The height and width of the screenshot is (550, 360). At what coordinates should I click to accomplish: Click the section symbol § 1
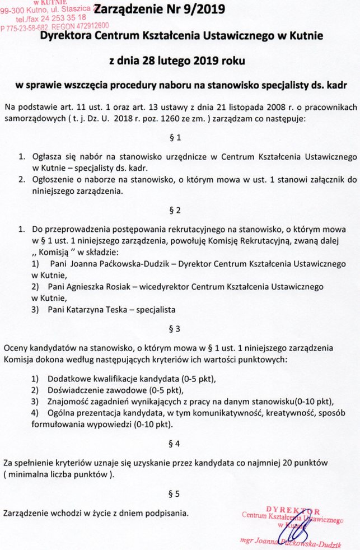(174, 137)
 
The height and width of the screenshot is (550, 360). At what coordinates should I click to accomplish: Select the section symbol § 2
(174, 211)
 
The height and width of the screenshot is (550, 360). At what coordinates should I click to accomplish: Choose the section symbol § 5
(174, 494)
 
